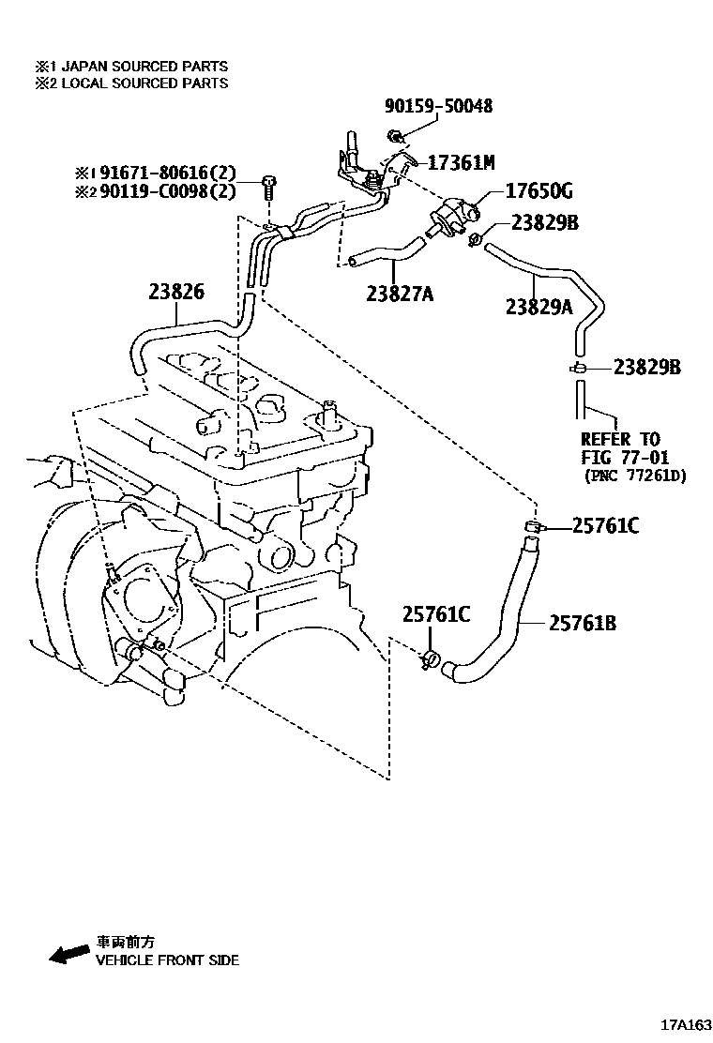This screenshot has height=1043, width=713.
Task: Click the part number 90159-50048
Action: coord(438,107)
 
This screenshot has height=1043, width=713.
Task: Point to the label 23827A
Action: coord(401,295)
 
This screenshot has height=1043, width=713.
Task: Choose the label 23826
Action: coord(175,292)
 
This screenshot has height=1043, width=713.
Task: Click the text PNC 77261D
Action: coord(634,476)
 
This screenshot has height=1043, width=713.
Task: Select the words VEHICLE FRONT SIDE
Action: coord(167,960)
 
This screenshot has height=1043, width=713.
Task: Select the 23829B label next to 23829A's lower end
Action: coord(646,367)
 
